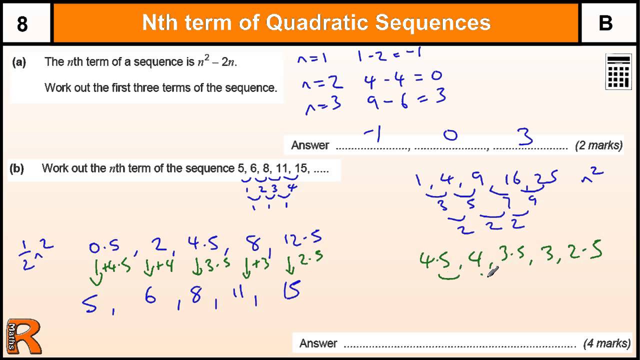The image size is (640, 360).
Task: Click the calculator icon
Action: point(618,71)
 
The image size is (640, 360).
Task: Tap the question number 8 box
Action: point(22,23)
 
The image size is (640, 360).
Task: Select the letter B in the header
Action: point(605,23)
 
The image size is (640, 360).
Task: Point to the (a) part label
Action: point(19,62)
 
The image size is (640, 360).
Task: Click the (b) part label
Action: point(17,168)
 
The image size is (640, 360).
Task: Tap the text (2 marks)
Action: point(598,145)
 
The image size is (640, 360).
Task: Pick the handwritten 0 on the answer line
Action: point(450,135)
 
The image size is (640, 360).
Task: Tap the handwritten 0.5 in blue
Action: point(103,246)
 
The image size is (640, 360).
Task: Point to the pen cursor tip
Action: point(489,274)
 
